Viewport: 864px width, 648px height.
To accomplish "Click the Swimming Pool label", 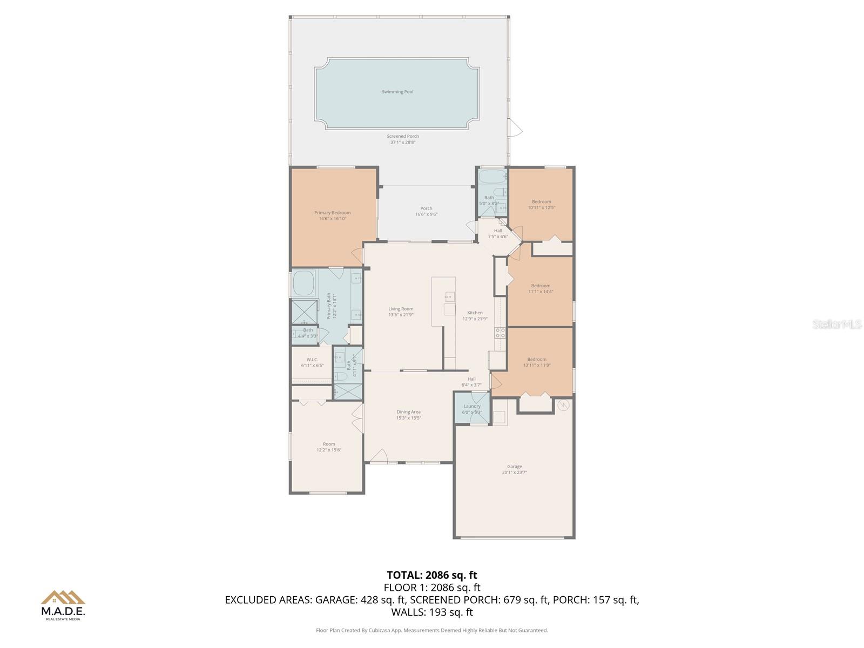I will click(397, 92).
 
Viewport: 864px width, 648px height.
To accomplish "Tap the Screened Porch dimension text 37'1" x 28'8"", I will click(403, 143).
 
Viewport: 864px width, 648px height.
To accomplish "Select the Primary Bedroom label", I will click(333, 213).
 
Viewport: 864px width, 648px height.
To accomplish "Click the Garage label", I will click(514, 467).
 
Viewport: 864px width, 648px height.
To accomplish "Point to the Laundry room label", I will click(472, 406).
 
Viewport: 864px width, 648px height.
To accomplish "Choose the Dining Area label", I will click(408, 412).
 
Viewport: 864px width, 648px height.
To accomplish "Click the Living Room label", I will click(401, 309).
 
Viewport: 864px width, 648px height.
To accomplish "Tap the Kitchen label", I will click(475, 313).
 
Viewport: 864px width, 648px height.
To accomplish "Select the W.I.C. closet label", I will click(312, 360).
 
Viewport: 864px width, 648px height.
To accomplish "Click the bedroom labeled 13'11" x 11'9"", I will click(537, 362).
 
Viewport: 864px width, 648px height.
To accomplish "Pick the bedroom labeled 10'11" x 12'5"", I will click(542, 205).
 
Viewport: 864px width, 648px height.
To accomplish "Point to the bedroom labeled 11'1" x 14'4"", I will click(541, 289).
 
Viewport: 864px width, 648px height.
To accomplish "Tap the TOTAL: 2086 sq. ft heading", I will click(432, 575).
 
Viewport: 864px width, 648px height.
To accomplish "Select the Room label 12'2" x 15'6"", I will click(329, 447).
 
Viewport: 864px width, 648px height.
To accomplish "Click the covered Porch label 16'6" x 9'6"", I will click(426, 211).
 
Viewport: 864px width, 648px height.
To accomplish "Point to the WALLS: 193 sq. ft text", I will click(432, 612).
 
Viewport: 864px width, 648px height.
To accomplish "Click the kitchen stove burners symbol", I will click(501, 333).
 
